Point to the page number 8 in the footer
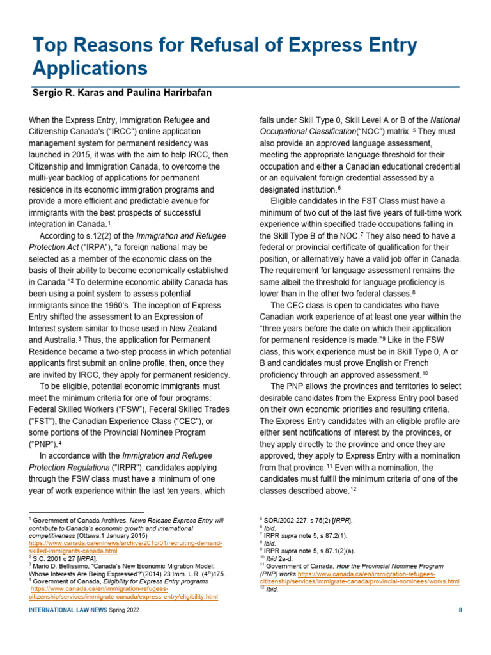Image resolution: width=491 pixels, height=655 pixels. click(x=460, y=610)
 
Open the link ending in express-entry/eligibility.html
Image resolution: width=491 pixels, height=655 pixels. click(x=123, y=596)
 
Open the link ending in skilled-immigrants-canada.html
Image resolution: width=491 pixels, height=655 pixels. click(x=74, y=551)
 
